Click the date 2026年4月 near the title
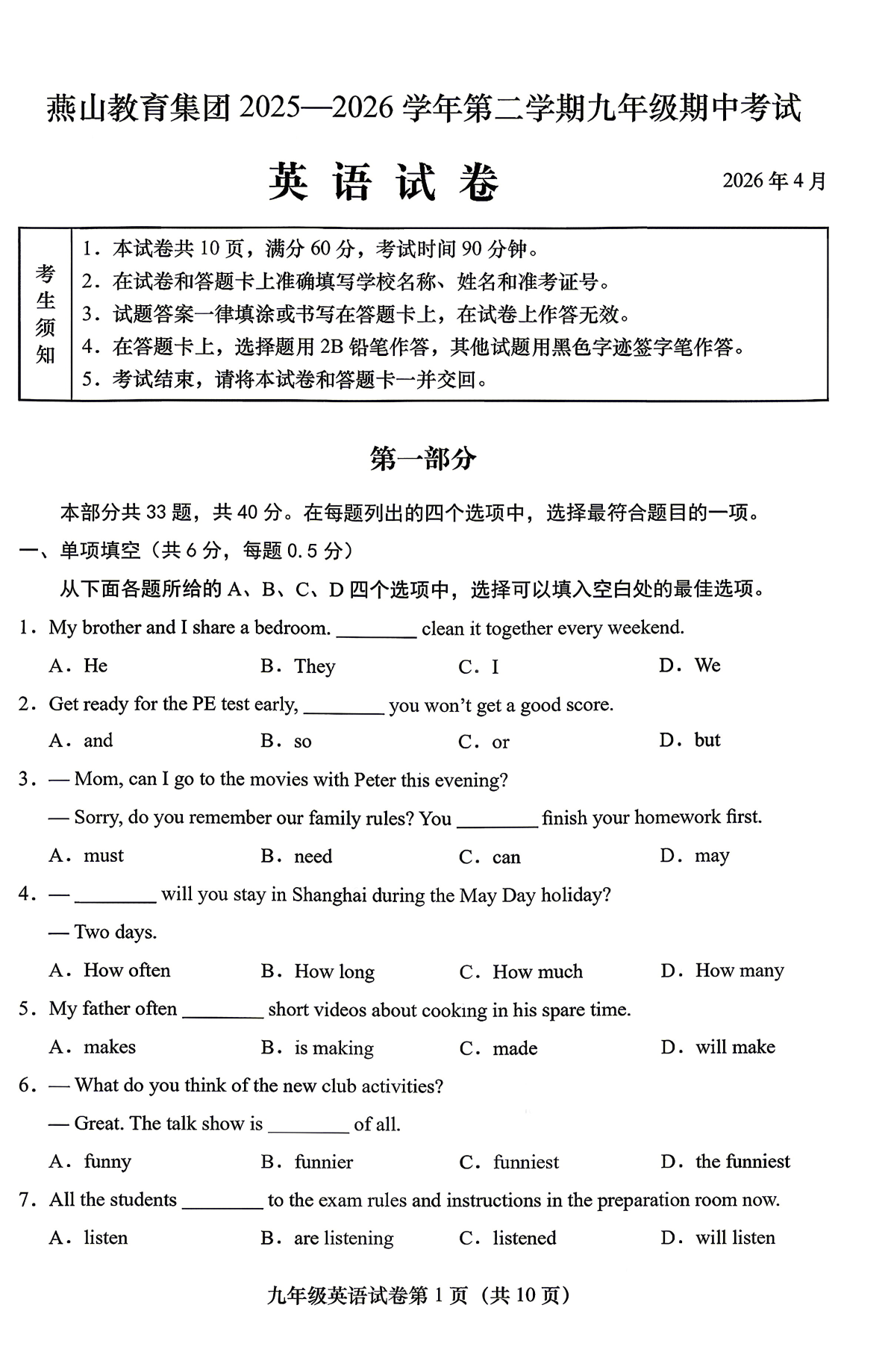click(774, 181)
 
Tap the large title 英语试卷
click(384, 181)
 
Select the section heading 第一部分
click(422, 458)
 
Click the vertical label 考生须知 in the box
click(46, 314)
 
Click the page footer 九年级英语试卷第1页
click(418, 1295)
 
